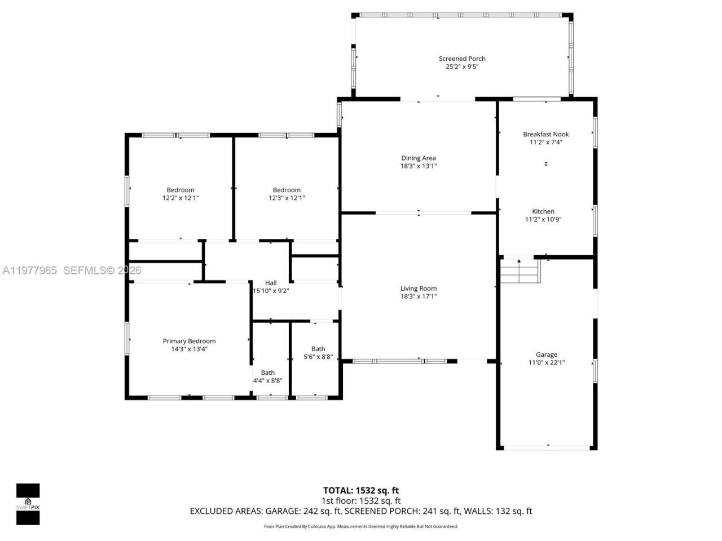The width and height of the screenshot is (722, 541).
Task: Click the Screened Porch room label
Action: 462,59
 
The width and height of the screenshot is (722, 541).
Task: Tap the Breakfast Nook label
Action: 545,134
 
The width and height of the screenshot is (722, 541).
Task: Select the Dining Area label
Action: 419,158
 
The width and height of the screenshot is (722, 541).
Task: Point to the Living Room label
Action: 419,289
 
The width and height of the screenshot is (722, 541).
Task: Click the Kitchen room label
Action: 543,211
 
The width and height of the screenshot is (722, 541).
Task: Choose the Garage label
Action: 546,354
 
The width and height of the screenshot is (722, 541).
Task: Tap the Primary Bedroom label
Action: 189,341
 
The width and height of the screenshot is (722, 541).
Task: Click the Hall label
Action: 271,283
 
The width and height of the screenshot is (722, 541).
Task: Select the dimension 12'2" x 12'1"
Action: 180,198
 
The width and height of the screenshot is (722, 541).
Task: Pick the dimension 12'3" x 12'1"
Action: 287,198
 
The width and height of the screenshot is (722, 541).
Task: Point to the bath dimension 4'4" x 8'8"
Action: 267,380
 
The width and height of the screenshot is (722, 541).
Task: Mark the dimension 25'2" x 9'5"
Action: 462,66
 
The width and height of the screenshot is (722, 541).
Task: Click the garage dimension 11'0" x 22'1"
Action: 546,362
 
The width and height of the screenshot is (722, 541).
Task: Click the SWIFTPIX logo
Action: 28,504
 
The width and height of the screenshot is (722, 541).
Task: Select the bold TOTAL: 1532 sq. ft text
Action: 360,490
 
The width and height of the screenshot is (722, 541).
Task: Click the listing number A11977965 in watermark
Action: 29,270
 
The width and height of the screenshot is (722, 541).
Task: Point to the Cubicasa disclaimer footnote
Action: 361,526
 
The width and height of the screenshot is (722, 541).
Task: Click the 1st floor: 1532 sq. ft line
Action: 360,500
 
